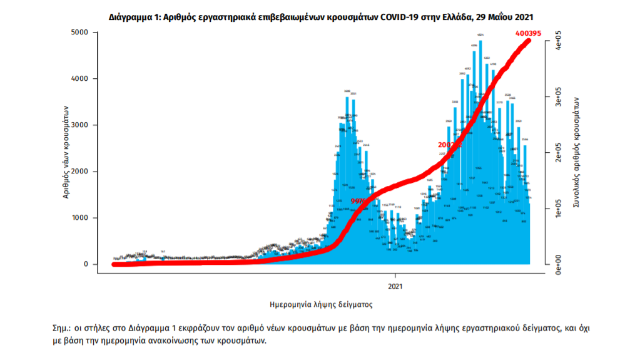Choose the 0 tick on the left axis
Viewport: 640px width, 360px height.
click(x=86, y=264)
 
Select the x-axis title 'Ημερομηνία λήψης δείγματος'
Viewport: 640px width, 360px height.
click(x=320, y=305)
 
